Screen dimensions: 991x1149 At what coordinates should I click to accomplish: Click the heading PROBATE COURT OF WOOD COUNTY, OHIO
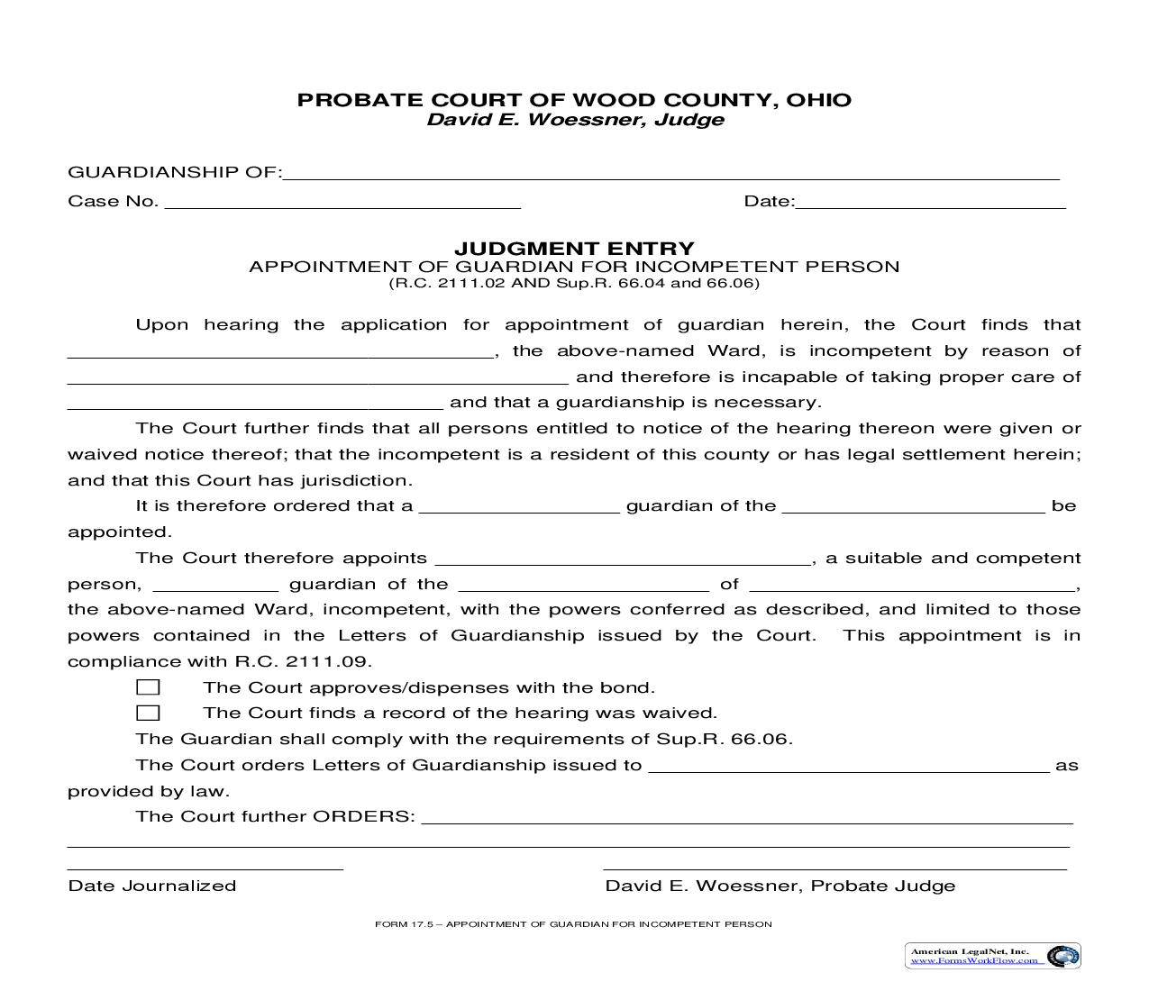click(574, 100)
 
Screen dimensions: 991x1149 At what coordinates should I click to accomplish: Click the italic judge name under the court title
click(574, 120)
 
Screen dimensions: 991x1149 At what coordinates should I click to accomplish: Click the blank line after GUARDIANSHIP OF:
click(670, 175)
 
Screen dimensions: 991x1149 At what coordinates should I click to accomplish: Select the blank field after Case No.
click(342, 203)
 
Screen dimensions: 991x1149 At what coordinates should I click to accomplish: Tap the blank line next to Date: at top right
click(930, 203)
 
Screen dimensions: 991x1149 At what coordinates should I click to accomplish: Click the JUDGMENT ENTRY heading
click(574, 249)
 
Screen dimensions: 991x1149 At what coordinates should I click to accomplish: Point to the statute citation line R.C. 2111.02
click(574, 283)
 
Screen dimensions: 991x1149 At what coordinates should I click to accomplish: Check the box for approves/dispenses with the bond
click(148, 687)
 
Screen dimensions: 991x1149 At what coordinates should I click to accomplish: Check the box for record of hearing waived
click(148, 713)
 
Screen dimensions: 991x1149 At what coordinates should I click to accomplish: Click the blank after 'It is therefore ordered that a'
click(520, 507)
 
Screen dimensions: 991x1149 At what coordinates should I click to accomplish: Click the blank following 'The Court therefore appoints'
click(622, 559)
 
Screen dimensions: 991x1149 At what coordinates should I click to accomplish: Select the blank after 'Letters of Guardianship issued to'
click(849, 767)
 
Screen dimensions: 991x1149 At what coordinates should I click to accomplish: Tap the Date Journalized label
click(151, 886)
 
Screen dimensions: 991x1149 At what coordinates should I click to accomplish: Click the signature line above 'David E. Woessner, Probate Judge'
click(834, 867)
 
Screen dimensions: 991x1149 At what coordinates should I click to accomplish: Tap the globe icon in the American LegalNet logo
click(1063, 956)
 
